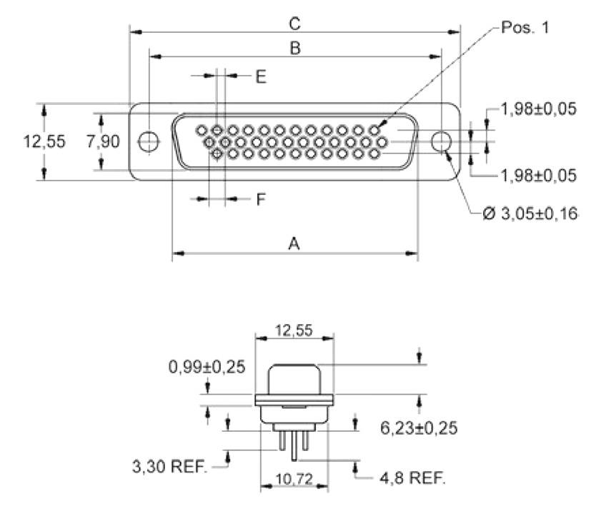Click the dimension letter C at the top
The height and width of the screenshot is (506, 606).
[294, 24]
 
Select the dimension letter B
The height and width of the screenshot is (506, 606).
[294, 49]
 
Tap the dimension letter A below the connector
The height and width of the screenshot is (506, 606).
[293, 243]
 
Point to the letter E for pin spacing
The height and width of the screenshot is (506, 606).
[261, 77]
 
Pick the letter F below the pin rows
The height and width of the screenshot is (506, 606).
[261, 200]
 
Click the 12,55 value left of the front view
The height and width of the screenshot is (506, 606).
[44, 141]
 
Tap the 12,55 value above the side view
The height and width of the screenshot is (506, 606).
[294, 329]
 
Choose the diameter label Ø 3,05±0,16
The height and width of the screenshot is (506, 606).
[530, 213]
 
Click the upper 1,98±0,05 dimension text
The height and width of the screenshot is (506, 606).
[538, 109]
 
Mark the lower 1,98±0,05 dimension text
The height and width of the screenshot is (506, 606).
[538, 175]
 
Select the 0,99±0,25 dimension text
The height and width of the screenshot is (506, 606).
[207, 368]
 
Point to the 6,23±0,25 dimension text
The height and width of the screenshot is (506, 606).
[419, 428]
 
